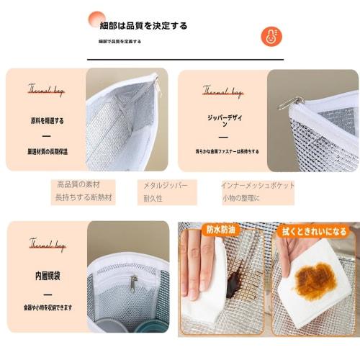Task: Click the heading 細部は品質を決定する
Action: click(143, 25)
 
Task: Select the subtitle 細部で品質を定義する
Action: click(120, 42)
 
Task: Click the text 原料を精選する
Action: click(47, 120)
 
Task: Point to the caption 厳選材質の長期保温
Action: click(47, 152)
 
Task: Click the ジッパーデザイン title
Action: click(222, 119)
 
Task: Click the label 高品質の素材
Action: click(78, 184)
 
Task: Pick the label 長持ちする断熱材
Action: click(84, 197)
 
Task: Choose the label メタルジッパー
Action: click(166, 185)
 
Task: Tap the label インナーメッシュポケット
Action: click(258, 185)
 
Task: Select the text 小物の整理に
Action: click(240, 197)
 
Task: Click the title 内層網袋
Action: click(47, 275)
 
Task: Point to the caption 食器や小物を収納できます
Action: click(47, 307)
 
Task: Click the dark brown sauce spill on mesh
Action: click(235, 281)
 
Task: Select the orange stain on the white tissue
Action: click(315, 280)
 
